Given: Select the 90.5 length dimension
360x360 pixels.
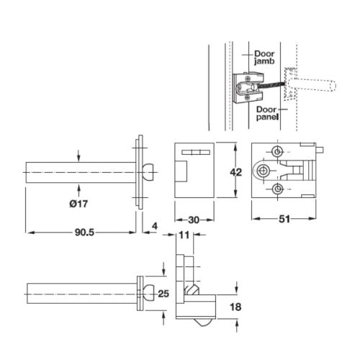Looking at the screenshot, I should [x=83, y=223].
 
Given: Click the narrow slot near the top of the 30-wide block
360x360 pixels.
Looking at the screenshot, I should [x=193, y=153].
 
